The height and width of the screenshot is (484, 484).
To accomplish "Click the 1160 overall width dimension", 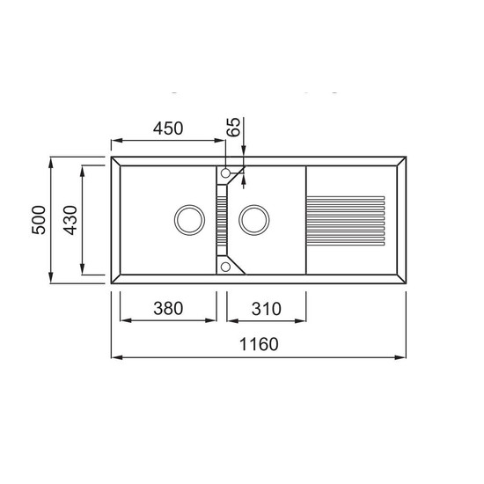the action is [x=259, y=344].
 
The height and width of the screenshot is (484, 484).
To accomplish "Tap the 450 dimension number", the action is [x=168, y=128].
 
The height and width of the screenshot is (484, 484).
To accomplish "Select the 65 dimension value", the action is [x=233, y=127].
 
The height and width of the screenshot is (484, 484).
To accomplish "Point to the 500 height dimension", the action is [x=39, y=220].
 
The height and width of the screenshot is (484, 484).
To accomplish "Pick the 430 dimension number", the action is [x=70, y=220].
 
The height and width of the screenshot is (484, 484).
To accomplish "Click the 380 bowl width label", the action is [x=168, y=308].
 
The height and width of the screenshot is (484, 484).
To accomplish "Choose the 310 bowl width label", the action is [x=267, y=309].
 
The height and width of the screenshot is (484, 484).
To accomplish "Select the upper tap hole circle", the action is [x=225, y=173].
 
